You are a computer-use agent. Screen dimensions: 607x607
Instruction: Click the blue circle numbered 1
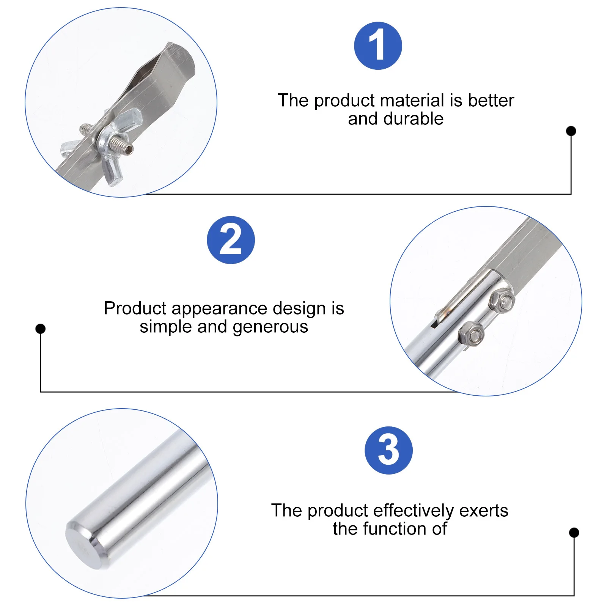[x=378, y=46]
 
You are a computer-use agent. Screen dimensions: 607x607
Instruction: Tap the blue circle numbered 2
[x=231, y=240]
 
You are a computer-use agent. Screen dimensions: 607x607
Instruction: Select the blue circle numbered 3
[x=388, y=450]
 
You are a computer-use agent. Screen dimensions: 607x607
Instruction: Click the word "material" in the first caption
[x=412, y=101]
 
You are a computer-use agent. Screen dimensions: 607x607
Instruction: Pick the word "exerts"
[x=484, y=511]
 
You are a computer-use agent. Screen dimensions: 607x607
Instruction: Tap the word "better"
[x=491, y=101]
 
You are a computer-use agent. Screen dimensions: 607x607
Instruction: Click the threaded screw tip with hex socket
[x=128, y=150]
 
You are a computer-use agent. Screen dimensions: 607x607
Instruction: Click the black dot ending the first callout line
[x=571, y=131]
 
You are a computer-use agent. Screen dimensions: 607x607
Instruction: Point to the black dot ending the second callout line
[x=40, y=329]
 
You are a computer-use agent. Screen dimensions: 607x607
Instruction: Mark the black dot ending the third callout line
[x=574, y=533]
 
